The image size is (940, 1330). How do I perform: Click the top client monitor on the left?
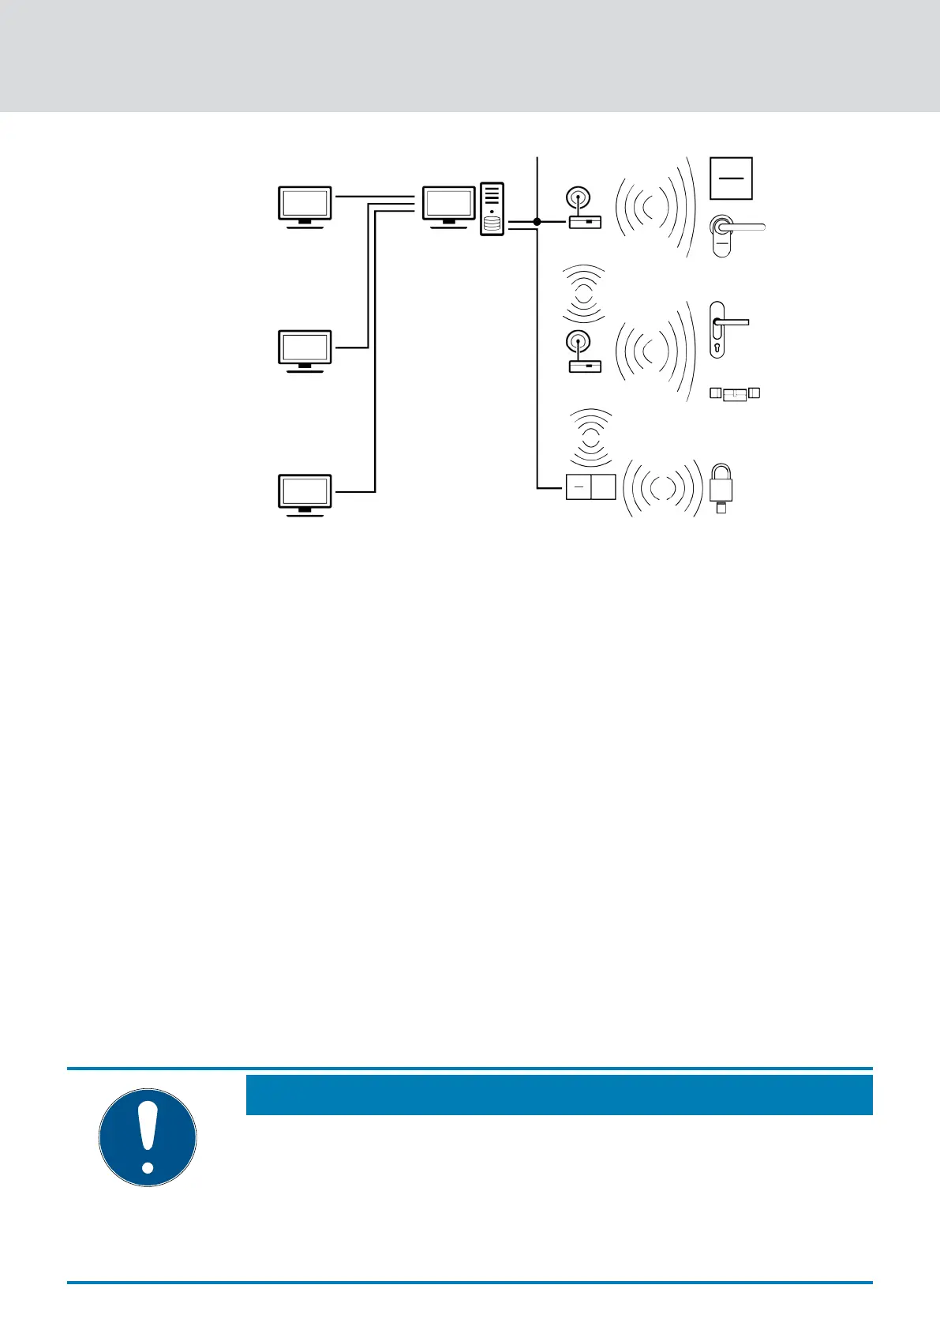point(305,206)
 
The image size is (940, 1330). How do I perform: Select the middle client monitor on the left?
point(305,350)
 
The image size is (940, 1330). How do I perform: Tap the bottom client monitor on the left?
point(305,494)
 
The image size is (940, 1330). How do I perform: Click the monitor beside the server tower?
point(449,206)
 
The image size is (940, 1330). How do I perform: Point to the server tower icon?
point(492,209)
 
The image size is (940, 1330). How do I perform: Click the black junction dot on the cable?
point(537,222)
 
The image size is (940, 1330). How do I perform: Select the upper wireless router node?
point(584,209)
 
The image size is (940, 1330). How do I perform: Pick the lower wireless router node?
point(584,352)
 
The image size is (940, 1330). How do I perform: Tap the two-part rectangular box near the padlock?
point(590,487)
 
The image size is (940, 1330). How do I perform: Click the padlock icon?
point(722,485)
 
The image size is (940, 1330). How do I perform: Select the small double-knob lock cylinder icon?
point(735,393)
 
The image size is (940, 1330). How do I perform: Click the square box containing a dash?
point(731,178)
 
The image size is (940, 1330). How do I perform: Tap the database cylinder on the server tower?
point(492,225)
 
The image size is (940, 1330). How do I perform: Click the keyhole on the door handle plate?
point(717,346)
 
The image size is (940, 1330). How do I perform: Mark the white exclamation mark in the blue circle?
point(148,1137)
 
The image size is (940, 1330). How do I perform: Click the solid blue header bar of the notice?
point(559,1095)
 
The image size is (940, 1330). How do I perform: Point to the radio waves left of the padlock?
point(661,488)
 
